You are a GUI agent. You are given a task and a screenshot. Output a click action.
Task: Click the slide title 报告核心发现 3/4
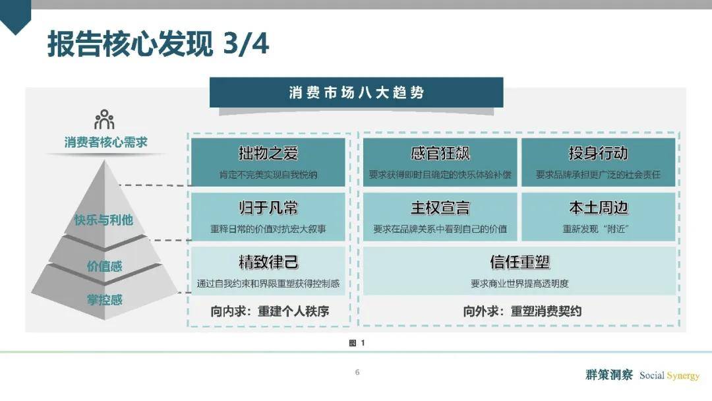(158, 44)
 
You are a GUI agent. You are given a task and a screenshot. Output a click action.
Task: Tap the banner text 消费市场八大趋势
(357, 92)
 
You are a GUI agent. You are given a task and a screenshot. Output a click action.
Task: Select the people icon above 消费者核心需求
(104, 119)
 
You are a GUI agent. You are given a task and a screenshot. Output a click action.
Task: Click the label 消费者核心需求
(105, 142)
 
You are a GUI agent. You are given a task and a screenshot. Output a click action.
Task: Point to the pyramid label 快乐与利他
(104, 220)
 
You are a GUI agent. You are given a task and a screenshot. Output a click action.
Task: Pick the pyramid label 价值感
(104, 266)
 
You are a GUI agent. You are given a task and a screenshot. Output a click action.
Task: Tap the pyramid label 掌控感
(105, 299)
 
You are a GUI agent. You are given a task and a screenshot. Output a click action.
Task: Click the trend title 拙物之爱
(268, 153)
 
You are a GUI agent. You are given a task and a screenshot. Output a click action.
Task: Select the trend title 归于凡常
(268, 208)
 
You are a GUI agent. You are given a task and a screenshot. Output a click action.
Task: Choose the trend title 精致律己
(268, 262)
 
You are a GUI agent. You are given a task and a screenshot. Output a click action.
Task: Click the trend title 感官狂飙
(440, 153)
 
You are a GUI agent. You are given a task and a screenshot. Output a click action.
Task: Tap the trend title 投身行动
(598, 153)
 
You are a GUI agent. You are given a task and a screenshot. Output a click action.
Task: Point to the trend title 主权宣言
(440, 208)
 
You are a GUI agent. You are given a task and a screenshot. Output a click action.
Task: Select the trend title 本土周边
(598, 208)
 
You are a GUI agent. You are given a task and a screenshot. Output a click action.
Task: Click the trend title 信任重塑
(520, 262)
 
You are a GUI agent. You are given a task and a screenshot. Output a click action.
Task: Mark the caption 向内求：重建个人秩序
(270, 311)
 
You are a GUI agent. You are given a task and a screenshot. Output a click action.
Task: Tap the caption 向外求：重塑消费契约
(522, 311)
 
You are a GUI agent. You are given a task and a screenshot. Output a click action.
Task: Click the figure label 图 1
(357, 343)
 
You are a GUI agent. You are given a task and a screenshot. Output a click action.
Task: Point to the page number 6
(357, 373)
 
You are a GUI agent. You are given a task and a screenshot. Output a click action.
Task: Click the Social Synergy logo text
(669, 375)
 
